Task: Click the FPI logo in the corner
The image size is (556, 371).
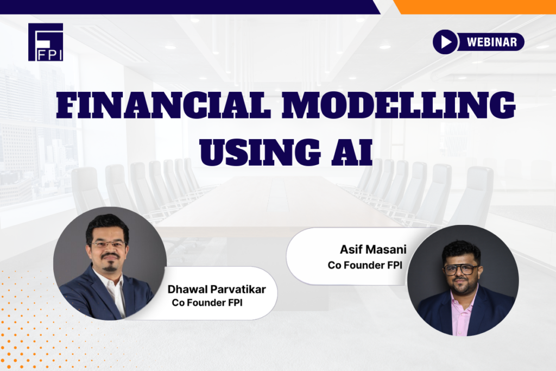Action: (x=46, y=42)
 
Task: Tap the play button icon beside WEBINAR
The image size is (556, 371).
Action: (x=445, y=42)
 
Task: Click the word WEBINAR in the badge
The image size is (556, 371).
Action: (x=492, y=42)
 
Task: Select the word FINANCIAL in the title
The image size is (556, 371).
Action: (x=163, y=105)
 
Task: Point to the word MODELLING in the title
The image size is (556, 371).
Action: (x=399, y=105)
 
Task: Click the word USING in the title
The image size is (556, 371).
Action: (x=260, y=153)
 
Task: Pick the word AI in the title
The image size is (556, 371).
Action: (x=352, y=153)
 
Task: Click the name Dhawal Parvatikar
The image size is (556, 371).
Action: (x=216, y=290)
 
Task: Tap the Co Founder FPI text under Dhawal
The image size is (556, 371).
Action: (x=207, y=303)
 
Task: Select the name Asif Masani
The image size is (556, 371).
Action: (x=373, y=249)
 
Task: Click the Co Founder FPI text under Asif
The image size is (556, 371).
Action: (x=365, y=265)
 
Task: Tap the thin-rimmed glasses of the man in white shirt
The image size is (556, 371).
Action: (x=109, y=244)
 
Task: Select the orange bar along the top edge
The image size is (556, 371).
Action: (x=475, y=7)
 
